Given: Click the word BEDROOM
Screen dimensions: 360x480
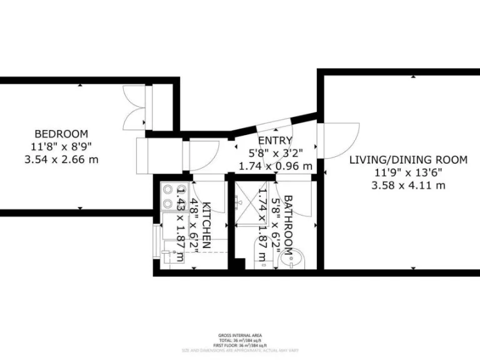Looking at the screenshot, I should [x=61, y=134].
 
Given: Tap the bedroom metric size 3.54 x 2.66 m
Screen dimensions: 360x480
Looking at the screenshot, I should [x=61, y=159].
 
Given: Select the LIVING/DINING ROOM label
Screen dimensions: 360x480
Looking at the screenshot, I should [x=407, y=160].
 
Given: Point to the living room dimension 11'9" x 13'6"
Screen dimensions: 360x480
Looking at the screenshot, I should [x=407, y=172].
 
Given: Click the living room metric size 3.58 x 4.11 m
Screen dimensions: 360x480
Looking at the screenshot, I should [x=407, y=185].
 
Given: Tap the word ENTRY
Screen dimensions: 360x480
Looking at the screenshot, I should [x=274, y=141].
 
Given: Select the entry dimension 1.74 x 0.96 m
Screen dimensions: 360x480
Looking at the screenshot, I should [x=275, y=166].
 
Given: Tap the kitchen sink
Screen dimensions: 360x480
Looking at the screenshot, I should [x=171, y=257].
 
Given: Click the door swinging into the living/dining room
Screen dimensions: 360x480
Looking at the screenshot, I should [x=337, y=141].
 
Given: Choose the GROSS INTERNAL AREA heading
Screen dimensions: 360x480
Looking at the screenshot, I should [x=240, y=336].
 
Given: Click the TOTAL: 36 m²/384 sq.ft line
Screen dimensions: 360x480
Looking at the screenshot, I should [x=240, y=341].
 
